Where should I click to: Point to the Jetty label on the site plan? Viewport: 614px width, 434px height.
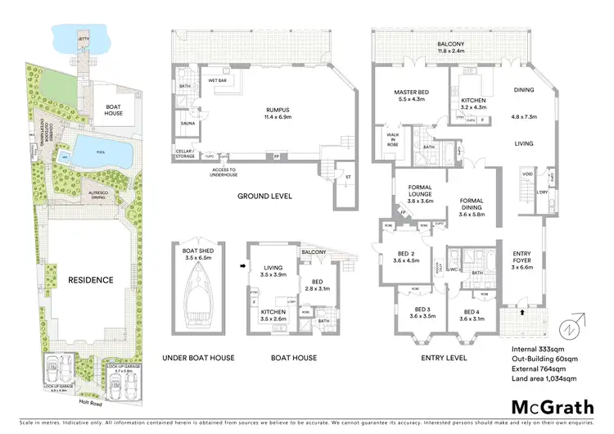[84, 38]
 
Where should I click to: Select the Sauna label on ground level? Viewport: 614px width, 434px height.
[187, 125]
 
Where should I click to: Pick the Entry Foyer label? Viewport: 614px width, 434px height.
[522, 260]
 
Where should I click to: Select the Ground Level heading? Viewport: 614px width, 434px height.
[265, 197]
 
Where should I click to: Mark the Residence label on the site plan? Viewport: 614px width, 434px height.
[90, 279]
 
